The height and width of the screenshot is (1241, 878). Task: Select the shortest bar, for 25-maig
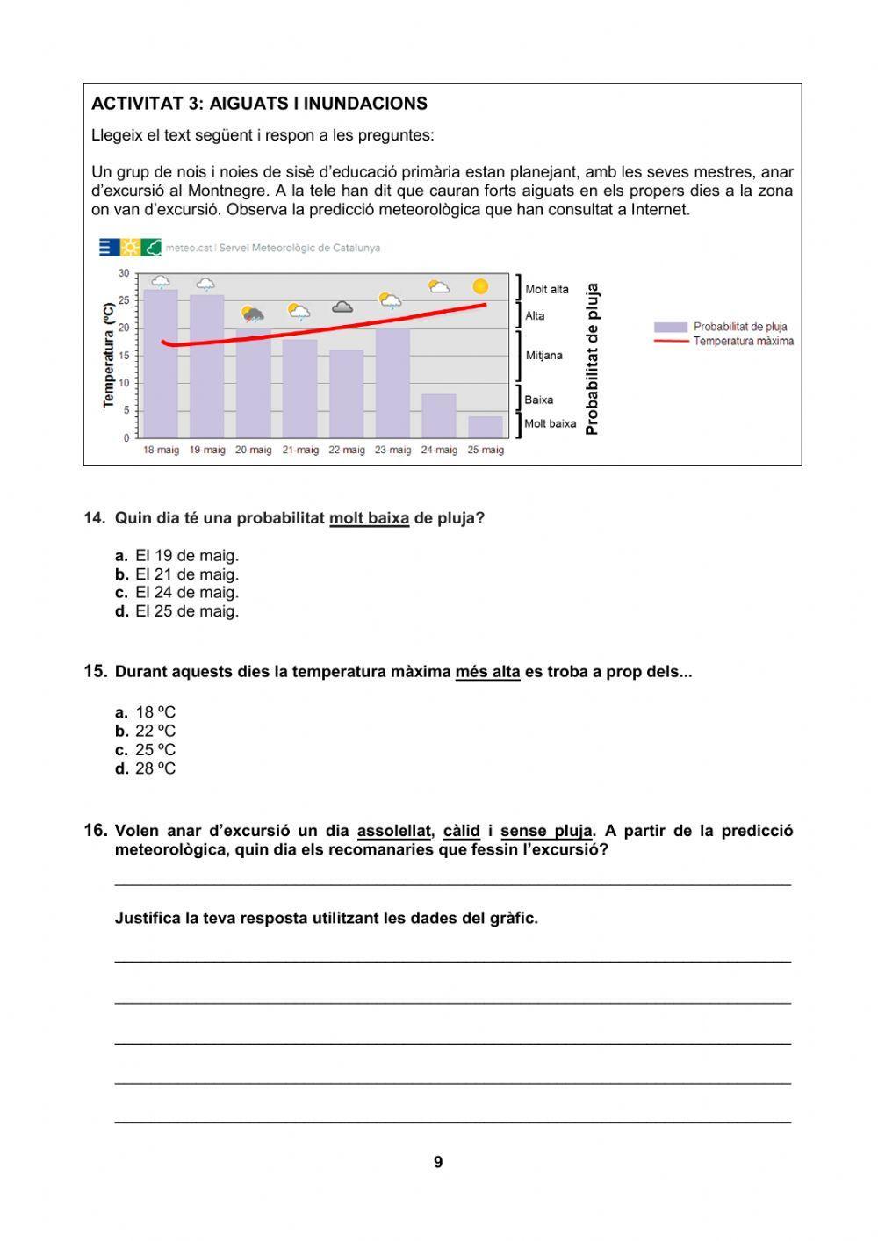(485, 427)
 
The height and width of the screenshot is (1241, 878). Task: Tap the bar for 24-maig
(438, 415)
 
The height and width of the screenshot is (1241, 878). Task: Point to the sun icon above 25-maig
(479, 286)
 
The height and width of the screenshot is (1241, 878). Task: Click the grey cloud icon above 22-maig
(342, 307)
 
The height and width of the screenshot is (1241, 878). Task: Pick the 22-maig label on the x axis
(346, 450)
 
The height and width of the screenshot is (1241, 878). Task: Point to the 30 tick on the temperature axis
(124, 273)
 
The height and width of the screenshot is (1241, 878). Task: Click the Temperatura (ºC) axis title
(109, 355)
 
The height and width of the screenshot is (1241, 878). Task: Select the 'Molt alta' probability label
(546, 289)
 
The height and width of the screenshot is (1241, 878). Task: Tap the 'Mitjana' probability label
(543, 356)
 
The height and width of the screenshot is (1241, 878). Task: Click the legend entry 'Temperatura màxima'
(743, 341)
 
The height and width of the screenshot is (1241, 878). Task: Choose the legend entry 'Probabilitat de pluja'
(740, 327)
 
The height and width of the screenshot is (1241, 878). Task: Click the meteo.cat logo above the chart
(130, 248)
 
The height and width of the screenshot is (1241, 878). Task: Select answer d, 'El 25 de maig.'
(186, 611)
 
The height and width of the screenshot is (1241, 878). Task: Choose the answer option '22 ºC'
(155, 731)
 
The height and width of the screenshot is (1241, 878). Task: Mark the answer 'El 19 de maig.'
(186, 555)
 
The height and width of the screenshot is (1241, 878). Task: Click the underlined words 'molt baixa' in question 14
(369, 518)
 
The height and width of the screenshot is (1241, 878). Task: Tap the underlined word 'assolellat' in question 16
(394, 831)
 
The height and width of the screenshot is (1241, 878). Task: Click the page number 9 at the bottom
(438, 1162)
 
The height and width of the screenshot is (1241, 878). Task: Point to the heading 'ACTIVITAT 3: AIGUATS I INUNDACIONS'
(259, 104)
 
